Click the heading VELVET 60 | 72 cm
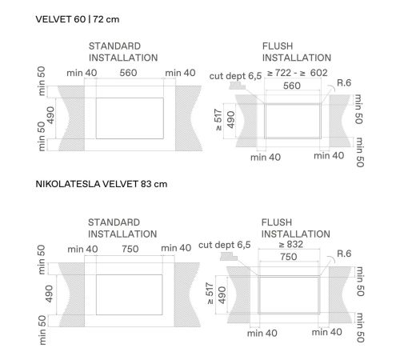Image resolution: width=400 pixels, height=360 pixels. coord(78,19)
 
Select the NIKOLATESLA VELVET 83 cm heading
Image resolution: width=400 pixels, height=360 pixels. coord(102,184)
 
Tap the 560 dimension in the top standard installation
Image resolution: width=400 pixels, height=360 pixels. coord(128,73)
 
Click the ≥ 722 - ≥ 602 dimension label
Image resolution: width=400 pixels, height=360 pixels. coord(297,73)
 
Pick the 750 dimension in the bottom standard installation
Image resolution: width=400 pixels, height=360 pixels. coord(130,249)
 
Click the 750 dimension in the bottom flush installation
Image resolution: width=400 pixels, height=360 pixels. coord(289,257)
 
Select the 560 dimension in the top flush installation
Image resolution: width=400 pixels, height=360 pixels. coord(292,86)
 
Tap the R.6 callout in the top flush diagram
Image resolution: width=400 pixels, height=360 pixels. coord(344,82)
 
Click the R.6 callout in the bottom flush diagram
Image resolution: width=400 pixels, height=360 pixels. coord(344,254)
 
